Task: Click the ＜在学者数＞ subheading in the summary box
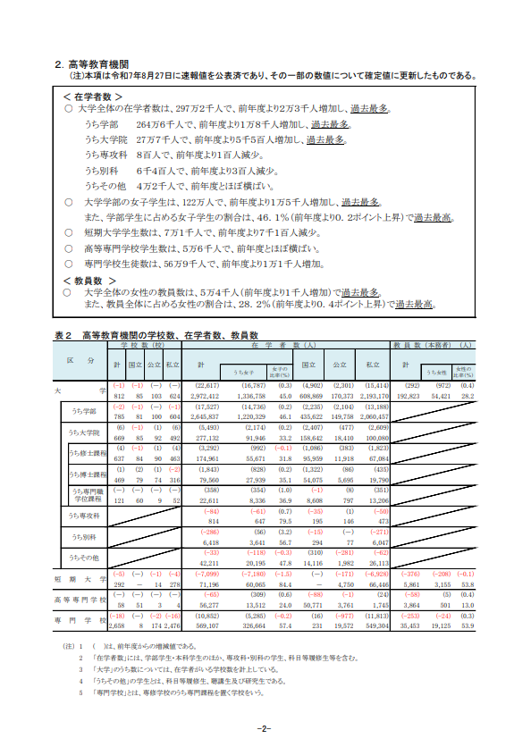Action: click(93, 96)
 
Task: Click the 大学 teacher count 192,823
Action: click(407, 394)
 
